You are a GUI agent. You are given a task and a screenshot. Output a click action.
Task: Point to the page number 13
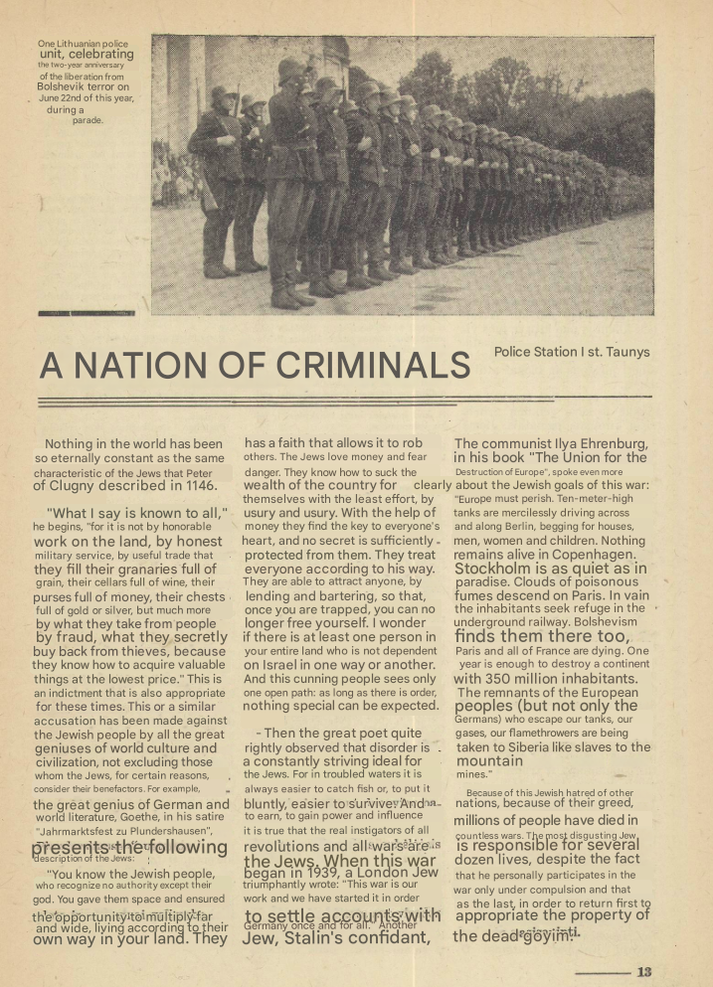point(644,971)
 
